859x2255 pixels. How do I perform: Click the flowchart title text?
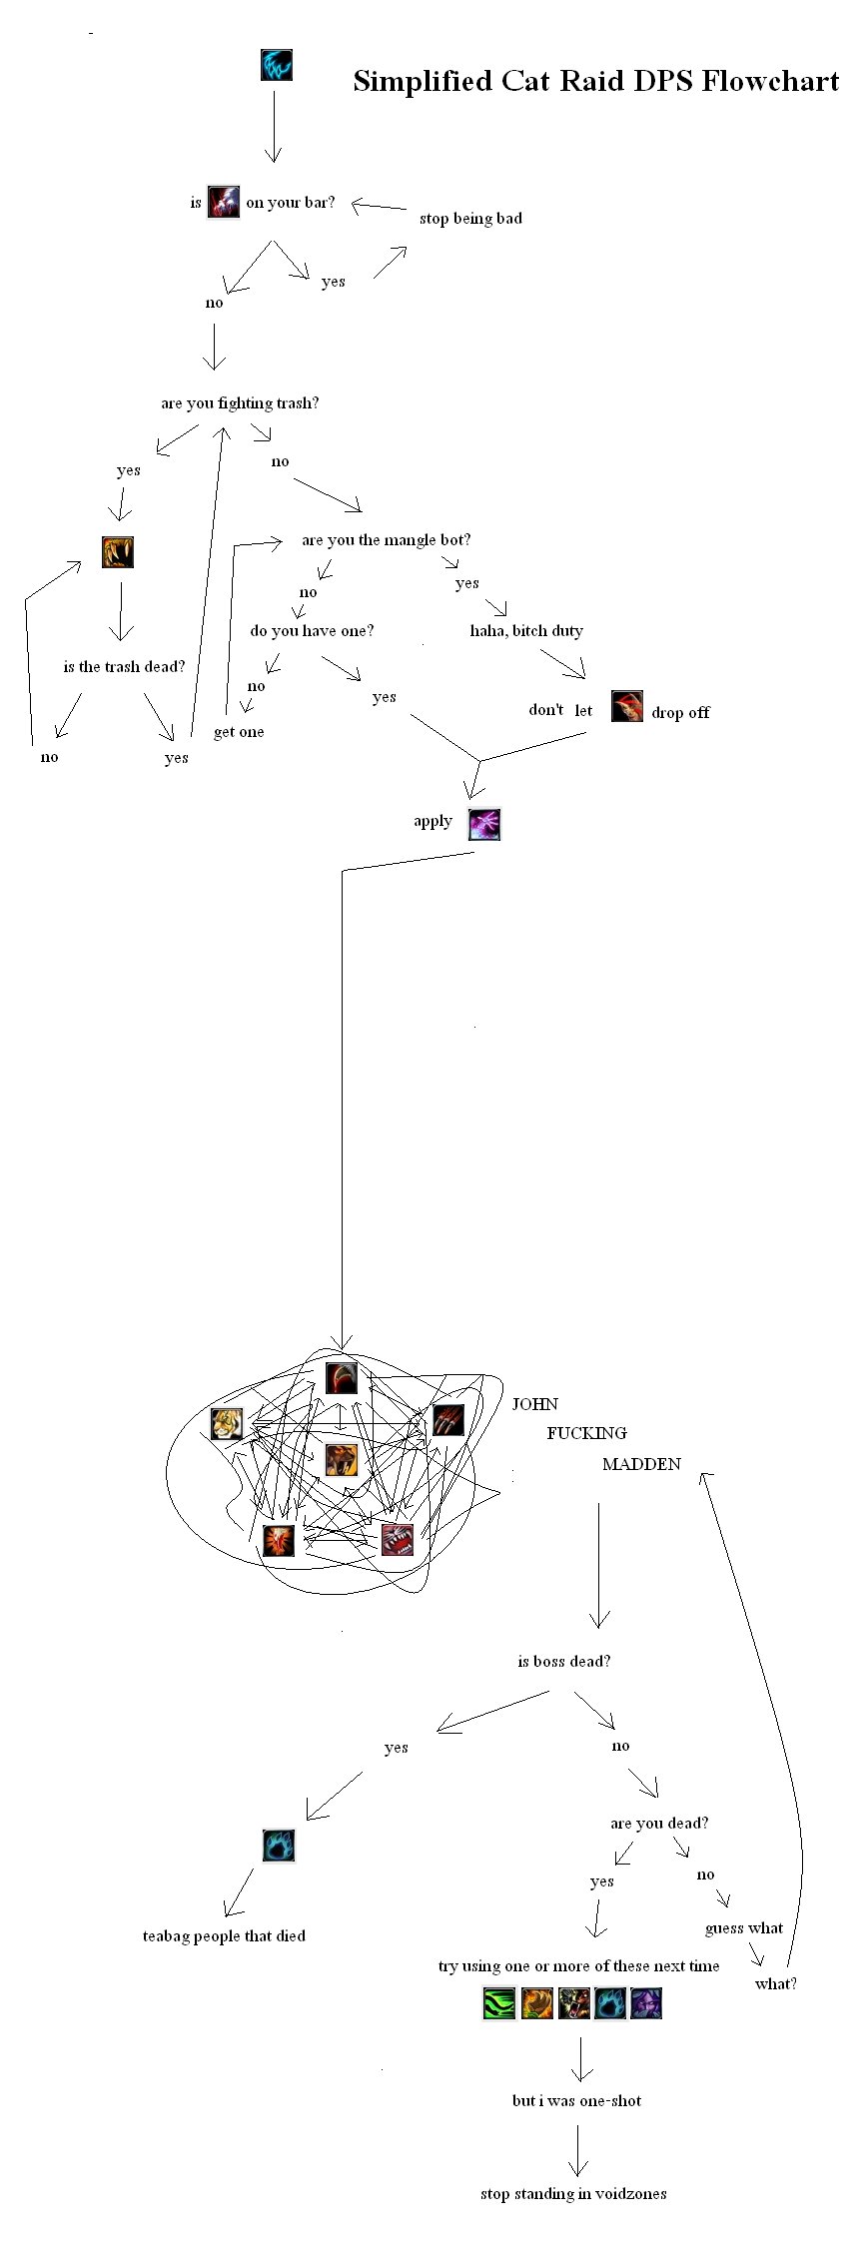[x=595, y=81]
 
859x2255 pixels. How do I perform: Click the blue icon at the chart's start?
[x=276, y=65]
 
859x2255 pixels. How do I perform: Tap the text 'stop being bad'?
[x=470, y=219]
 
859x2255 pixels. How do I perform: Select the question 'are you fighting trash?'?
[x=240, y=403]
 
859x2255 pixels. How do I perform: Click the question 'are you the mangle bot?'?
[x=386, y=540]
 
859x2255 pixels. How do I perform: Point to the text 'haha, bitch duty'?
[x=526, y=631]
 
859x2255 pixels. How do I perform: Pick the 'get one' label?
[x=239, y=732]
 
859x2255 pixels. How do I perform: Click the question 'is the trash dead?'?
[x=124, y=667]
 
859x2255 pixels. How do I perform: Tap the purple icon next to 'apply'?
[x=484, y=825]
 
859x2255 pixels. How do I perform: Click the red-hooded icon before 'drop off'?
[x=626, y=706]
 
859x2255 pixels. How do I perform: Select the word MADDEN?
[x=641, y=1464]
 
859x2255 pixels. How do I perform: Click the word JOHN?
[x=535, y=1404]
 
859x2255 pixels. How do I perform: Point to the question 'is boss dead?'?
[x=563, y=1662]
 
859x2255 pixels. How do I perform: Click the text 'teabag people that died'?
[x=224, y=1936]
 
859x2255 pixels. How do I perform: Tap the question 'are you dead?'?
[x=659, y=1824]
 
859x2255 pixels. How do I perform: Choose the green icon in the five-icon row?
[x=498, y=2003]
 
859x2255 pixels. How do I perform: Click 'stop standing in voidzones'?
[x=573, y=2194]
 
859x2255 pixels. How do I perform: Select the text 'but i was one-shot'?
[x=576, y=2101]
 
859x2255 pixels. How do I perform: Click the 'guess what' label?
[x=744, y=1928]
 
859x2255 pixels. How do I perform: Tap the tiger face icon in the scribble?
[x=227, y=1423]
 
